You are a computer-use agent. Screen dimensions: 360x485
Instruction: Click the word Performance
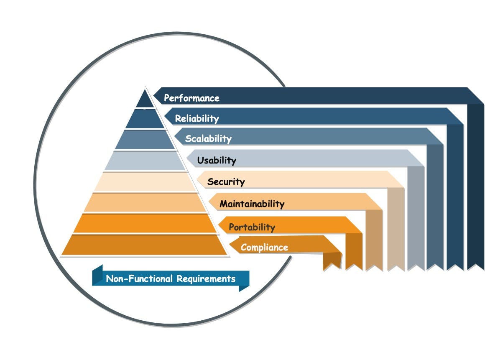[191, 98]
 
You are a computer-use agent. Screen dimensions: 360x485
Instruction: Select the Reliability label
[197, 118]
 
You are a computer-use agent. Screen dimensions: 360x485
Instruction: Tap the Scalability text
[208, 138]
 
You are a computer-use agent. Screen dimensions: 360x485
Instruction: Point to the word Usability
[217, 160]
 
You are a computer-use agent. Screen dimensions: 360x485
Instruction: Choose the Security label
[226, 182]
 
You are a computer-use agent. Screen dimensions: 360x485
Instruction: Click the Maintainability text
[252, 204]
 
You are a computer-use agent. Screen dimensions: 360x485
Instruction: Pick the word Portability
[252, 227]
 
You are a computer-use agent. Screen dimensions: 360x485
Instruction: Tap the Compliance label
[264, 247]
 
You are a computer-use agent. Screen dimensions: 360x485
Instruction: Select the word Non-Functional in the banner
[139, 279]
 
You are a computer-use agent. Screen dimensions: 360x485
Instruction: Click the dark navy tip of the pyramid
[145, 101]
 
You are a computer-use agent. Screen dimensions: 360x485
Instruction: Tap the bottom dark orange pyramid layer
[144, 245]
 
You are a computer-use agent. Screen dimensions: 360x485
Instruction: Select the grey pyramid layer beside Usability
[145, 161]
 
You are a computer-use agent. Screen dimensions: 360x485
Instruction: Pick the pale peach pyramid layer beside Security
[145, 182]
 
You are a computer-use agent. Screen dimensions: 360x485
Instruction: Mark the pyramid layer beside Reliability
[145, 119]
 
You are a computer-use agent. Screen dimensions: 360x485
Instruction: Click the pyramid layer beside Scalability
[145, 140]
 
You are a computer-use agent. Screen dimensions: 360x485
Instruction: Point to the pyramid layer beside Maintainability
[145, 203]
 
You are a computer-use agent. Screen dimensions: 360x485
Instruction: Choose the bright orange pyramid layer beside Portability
[145, 223]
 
